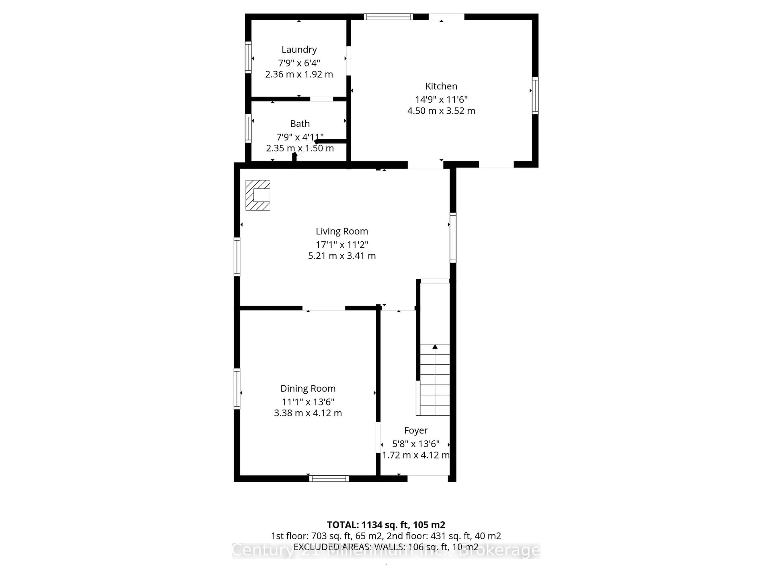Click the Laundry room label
tap(299, 50)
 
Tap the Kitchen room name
tap(441, 86)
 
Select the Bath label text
tap(300, 124)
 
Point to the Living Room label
tap(342, 231)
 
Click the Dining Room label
tap(308, 388)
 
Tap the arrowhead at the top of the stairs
tap(435, 347)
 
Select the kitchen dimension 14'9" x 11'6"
tap(441, 100)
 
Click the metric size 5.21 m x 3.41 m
tap(342, 256)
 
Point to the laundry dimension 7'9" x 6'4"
tap(299, 63)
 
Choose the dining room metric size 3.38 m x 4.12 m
tap(308, 413)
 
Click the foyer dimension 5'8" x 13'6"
tap(416, 444)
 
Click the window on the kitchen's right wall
tap(535, 96)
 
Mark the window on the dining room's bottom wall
tap(329, 478)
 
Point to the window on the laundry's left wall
tap(248, 57)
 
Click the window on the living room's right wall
tap(453, 237)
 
